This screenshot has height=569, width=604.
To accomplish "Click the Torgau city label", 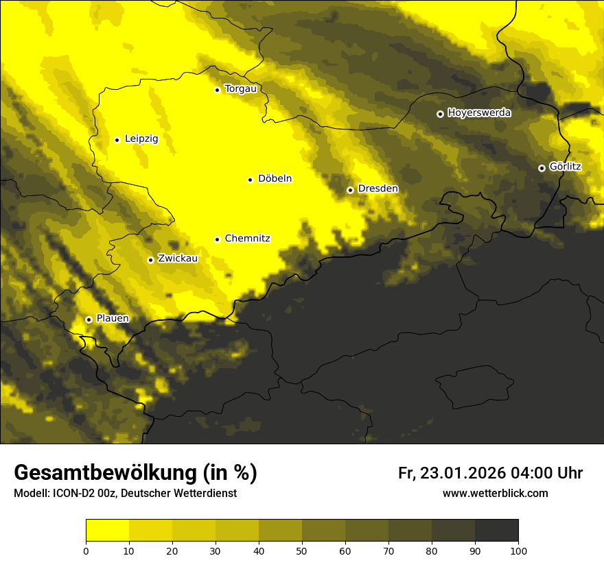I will [240, 89].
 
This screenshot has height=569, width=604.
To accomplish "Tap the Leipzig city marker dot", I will [117, 140].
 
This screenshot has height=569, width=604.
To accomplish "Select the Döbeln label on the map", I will [275, 179].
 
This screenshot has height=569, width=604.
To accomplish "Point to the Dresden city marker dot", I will [350, 190].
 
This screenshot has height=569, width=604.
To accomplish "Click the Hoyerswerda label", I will [479, 113].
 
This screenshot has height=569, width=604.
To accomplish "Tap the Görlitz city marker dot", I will [542, 168].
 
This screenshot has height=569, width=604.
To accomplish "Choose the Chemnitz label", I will [247, 239].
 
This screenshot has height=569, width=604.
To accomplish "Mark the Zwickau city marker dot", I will [150, 260].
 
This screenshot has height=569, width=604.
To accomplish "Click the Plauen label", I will [112, 319].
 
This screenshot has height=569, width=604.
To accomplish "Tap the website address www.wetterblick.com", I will [495, 494].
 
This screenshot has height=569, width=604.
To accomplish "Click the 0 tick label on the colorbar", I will [86, 550].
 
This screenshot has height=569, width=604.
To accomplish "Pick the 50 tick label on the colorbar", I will [302, 550].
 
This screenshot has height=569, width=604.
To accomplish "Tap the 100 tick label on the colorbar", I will [518, 550].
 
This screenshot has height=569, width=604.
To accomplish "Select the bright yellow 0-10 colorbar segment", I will [107, 531].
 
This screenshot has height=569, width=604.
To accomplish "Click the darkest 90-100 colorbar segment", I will [496, 531].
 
